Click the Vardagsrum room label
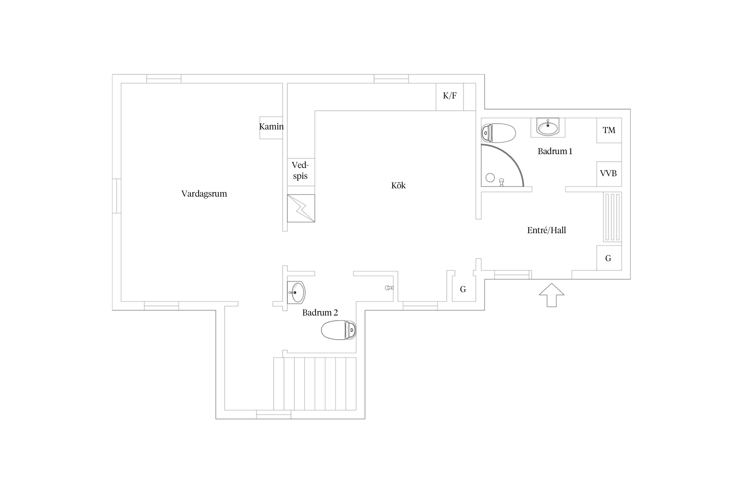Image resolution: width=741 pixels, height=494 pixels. tap(204, 194)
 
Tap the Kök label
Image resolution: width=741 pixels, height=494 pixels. tap(398, 185)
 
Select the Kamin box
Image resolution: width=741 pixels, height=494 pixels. tap(271, 128)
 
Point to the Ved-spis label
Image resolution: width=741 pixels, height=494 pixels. tap(300, 170)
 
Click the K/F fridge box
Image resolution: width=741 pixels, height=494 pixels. tap(450, 97)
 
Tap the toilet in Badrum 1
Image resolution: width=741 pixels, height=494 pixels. tap(498, 133)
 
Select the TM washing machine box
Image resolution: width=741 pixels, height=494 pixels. tap(609, 130)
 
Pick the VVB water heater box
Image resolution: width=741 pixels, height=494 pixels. tap(609, 174)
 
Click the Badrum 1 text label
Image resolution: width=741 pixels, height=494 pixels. tap(555, 151)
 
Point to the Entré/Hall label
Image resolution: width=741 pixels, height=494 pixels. tap(546, 230)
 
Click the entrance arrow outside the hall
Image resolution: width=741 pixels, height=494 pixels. tap(552, 295)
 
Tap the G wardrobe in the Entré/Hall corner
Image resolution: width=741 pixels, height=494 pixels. tap(609, 258)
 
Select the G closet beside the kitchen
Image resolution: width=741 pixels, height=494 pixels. tap(463, 289)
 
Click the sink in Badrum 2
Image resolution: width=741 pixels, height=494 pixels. tap(296, 292)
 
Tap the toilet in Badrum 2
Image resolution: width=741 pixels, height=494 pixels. tap(339, 330)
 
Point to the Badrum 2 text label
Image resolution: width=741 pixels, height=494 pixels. tap(320, 313)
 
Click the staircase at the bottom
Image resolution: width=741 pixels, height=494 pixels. tap(315, 384)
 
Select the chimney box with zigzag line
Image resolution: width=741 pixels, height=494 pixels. tap(301, 208)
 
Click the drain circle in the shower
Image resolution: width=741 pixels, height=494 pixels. tap(490, 178)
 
